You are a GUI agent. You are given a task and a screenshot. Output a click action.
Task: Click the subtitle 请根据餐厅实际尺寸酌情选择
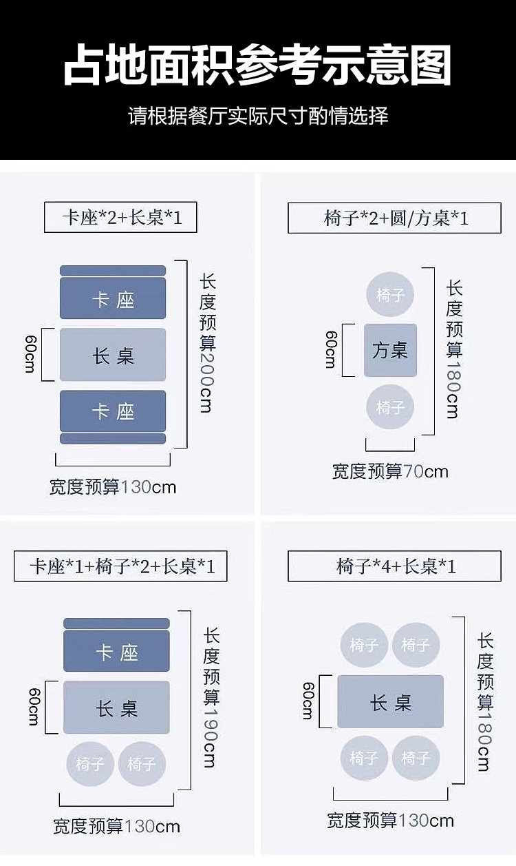(x=258, y=115)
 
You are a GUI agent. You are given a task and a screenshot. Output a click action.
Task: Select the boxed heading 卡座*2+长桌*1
(x=121, y=218)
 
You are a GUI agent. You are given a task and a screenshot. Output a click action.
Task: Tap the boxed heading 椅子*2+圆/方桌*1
(x=395, y=218)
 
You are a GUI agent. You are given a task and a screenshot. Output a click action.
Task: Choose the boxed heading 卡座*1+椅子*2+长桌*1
(x=121, y=566)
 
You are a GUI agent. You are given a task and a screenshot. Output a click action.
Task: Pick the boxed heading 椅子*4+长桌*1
(x=395, y=566)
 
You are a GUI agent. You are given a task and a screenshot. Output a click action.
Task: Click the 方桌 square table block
(x=390, y=350)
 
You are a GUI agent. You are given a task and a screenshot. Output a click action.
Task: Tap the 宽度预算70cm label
(x=390, y=471)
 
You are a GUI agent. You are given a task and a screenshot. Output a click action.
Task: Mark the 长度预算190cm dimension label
(x=210, y=697)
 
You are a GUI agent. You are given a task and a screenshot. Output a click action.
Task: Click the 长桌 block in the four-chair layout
(x=390, y=702)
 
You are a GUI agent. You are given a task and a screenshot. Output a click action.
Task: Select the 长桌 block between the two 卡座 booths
(x=113, y=355)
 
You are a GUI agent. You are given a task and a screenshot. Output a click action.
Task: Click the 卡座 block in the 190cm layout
(x=116, y=652)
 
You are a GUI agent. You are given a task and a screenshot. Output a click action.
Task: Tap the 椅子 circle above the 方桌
(x=390, y=296)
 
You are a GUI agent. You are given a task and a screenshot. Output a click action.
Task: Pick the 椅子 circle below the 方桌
(x=390, y=408)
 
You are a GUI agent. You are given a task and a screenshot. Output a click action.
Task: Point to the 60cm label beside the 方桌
(x=330, y=349)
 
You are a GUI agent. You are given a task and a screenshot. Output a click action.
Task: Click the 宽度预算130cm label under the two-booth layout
(x=113, y=487)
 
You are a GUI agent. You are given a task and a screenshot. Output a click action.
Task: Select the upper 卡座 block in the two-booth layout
(x=113, y=299)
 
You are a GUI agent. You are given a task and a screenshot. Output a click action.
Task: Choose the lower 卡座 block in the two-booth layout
(x=113, y=411)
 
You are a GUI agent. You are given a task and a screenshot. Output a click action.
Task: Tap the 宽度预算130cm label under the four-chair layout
(x=390, y=820)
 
